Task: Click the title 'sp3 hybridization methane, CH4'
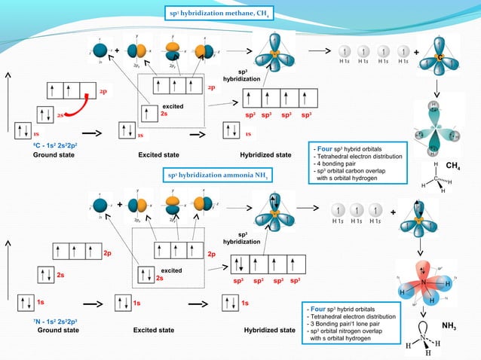pyautogui.click(x=219, y=13)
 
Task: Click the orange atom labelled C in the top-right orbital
pyautogui.click(x=438, y=59)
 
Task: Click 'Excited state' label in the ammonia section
pyautogui.click(x=154, y=330)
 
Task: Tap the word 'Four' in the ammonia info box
pyautogui.click(x=317, y=309)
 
